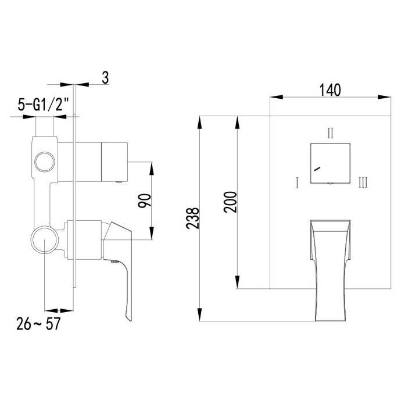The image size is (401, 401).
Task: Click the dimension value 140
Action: pyautogui.click(x=330, y=89)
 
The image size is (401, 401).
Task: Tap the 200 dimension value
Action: pyautogui.click(x=230, y=201)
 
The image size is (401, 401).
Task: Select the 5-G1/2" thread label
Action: pyautogui.click(x=43, y=105)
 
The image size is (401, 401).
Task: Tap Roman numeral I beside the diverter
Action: pyautogui.click(x=296, y=184)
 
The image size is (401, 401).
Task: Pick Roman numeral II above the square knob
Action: pyautogui.click(x=330, y=133)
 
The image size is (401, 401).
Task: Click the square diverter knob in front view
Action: pyautogui.click(x=331, y=162)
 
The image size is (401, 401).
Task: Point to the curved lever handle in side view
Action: pyautogui.click(x=123, y=273)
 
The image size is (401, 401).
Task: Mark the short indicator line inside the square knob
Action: pyautogui.click(x=316, y=169)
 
